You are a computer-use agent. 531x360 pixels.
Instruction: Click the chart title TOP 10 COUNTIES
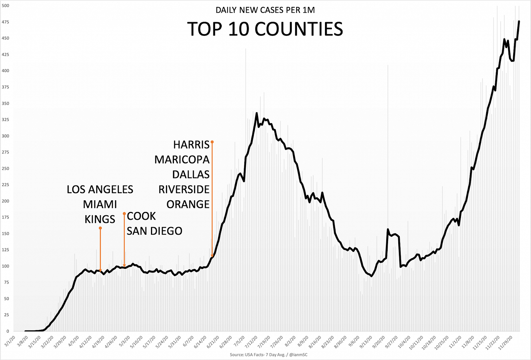(x=265, y=29)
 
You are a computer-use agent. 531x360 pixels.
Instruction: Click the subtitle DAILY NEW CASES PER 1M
(x=265, y=10)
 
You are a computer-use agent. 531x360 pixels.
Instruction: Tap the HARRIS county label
(x=191, y=145)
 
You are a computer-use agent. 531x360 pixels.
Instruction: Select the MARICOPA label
(x=182, y=160)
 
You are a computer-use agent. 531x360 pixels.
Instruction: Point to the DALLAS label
(x=191, y=174)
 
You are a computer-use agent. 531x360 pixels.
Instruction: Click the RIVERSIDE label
(x=184, y=189)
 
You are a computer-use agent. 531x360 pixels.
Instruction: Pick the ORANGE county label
(x=188, y=204)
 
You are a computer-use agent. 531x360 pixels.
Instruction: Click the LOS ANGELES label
(x=100, y=189)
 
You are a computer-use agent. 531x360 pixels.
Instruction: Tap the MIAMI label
(x=100, y=204)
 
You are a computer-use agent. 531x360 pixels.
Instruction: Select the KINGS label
(x=100, y=219)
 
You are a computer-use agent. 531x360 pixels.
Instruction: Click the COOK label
(x=141, y=216)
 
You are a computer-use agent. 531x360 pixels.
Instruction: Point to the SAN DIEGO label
(x=154, y=231)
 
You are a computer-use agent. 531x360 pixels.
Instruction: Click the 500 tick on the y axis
(x=5, y=6)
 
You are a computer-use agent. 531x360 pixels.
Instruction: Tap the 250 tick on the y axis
(x=5, y=169)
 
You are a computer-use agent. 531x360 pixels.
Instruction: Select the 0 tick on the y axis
(x=7, y=331)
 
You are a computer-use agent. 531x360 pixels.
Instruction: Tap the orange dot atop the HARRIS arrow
(x=212, y=142)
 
